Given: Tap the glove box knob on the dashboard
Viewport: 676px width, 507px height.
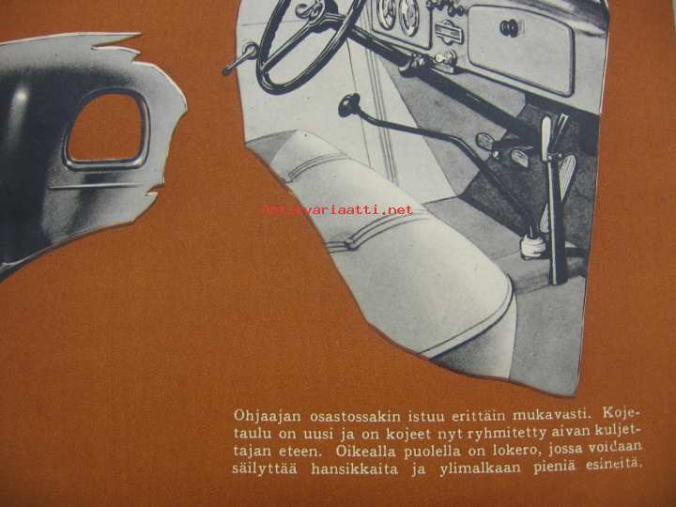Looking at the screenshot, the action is [510, 27].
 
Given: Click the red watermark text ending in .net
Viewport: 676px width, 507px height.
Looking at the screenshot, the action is [337, 210].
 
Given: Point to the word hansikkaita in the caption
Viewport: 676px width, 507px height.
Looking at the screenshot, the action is [354, 469].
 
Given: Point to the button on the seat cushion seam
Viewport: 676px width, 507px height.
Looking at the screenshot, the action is [350, 245].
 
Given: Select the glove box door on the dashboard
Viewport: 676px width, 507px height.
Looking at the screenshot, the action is [520, 49].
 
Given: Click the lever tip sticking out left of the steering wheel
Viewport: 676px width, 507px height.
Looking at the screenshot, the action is [227, 70].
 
